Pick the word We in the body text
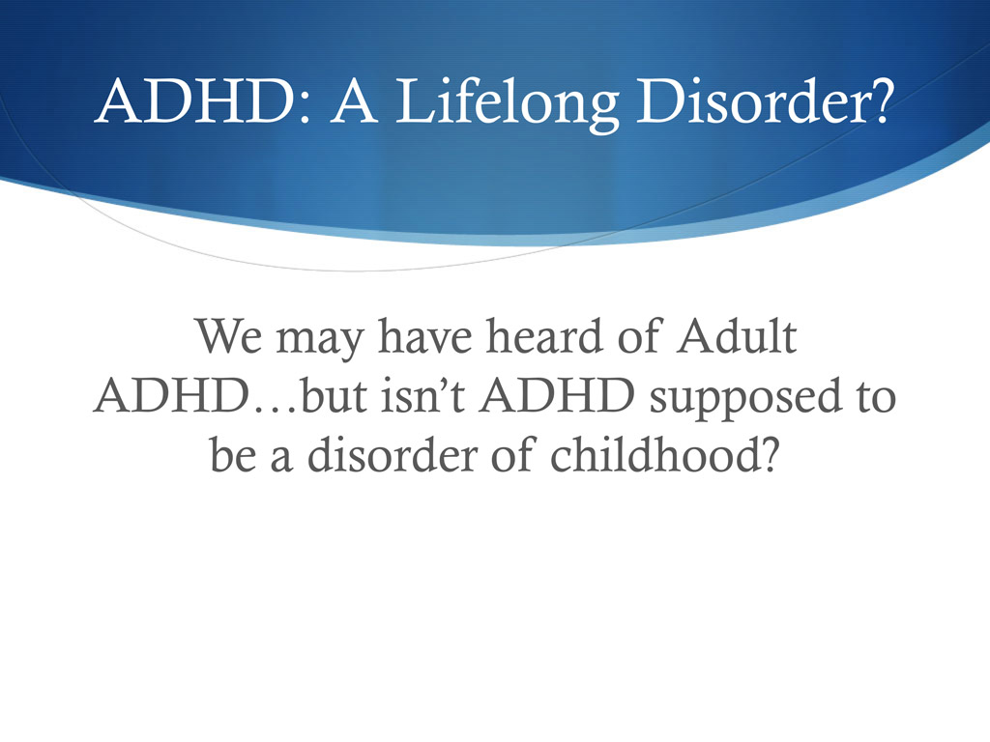(x=229, y=339)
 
